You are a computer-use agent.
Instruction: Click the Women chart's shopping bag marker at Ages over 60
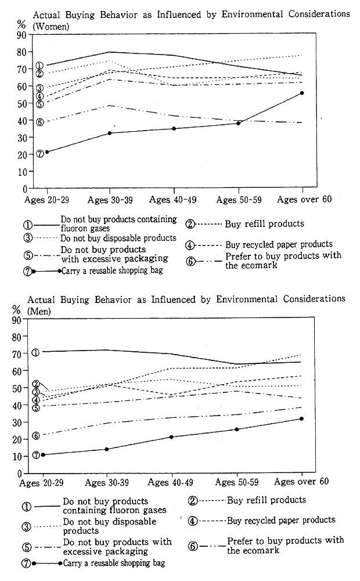(x=302, y=93)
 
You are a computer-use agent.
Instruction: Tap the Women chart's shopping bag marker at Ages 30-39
(x=109, y=133)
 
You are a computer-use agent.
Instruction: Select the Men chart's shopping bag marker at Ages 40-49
(x=171, y=437)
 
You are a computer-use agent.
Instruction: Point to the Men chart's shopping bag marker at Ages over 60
(x=301, y=418)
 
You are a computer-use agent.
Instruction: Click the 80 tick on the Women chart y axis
(x=21, y=52)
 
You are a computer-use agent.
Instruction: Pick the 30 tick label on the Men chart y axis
(x=17, y=422)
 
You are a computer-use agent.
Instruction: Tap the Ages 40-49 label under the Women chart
(x=173, y=200)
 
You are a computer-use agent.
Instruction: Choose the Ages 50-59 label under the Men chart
(x=236, y=482)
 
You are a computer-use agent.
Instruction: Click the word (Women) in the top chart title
(x=51, y=26)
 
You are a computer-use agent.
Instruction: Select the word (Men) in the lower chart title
(x=39, y=311)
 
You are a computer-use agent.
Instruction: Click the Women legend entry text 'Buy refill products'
(x=264, y=224)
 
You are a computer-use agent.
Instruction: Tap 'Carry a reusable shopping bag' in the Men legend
(x=114, y=563)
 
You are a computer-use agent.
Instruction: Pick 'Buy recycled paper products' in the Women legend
(x=279, y=244)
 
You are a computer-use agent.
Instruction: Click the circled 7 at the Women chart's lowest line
(x=40, y=153)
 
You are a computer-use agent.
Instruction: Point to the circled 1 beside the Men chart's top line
(x=35, y=352)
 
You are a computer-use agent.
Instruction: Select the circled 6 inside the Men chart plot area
(x=35, y=436)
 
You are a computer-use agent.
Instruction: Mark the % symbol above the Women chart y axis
(x=21, y=24)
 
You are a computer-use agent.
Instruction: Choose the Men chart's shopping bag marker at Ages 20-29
(x=43, y=454)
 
